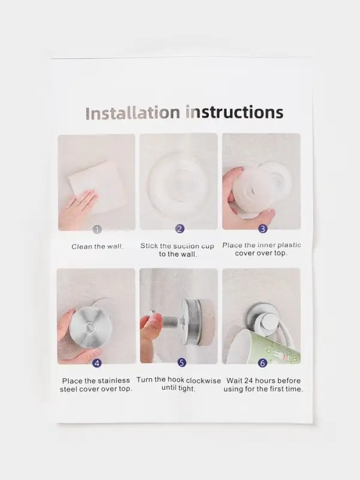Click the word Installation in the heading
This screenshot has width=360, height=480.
(133, 113)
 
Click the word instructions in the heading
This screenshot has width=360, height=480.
(235, 112)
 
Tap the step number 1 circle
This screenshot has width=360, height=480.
(97, 230)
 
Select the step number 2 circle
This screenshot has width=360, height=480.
(179, 229)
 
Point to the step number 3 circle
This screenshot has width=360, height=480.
(263, 229)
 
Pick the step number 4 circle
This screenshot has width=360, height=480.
(97, 364)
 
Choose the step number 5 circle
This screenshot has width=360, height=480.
(182, 363)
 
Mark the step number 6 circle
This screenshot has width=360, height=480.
(262, 363)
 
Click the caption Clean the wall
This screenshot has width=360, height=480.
(97, 247)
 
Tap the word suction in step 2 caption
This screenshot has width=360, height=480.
(186, 246)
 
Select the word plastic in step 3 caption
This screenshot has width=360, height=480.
(287, 245)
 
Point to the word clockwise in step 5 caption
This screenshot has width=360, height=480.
(203, 380)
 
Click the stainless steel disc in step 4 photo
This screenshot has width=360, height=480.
(91, 328)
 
